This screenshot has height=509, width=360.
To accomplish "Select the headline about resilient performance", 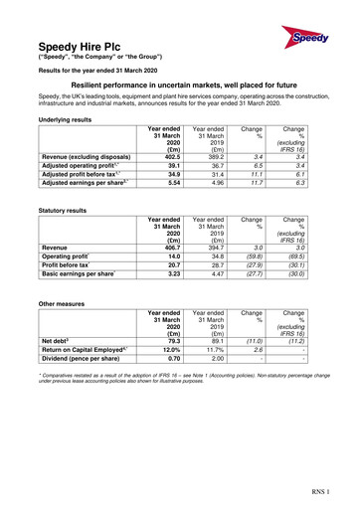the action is [180, 87].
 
